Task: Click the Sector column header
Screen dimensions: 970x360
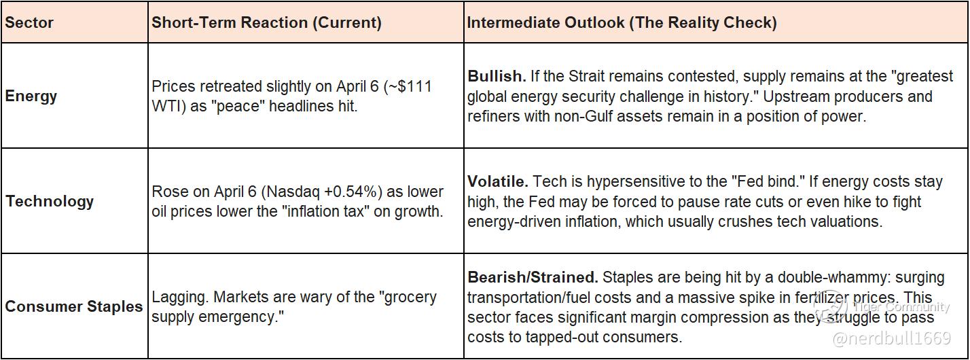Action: click(29, 22)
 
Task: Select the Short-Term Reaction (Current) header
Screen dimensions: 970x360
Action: click(266, 22)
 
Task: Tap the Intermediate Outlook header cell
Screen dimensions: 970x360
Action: click(622, 22)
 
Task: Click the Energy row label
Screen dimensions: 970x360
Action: click(31, 96)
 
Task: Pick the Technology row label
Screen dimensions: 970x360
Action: click(50, 202)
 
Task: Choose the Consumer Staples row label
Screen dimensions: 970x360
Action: click(73, 306)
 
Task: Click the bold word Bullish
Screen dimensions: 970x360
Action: click(497, 76)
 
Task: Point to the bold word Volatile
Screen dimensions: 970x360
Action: click(498, 181)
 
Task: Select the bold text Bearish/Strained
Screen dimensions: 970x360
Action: click(533, 277)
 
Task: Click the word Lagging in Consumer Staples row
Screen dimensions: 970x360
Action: click(180, 298)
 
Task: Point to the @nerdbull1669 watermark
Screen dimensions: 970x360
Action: click(892, 338)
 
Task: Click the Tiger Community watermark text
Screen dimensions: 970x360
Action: click(901, 307)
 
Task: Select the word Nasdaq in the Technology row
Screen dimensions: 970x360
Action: click(293, 192)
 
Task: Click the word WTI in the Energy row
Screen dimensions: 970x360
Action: click(166, 106)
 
